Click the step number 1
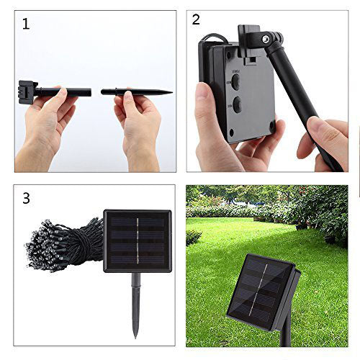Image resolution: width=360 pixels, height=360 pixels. click(27, 24)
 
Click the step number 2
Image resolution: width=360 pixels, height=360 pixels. click(196, 19)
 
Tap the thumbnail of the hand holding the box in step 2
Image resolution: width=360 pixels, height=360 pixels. click(204, 94)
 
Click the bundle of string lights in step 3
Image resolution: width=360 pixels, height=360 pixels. click(65, 241)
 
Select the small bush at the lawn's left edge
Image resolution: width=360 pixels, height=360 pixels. click(193, 237)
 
